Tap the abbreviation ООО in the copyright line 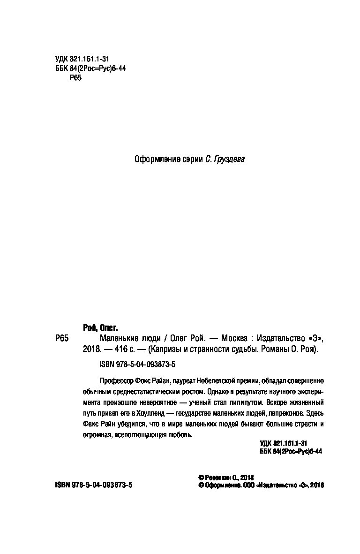(x=249, y=486)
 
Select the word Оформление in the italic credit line (x=157, y=159)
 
